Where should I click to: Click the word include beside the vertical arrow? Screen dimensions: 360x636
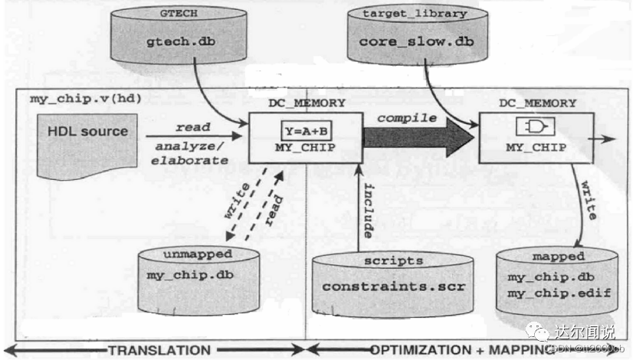[x=369, y=209]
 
